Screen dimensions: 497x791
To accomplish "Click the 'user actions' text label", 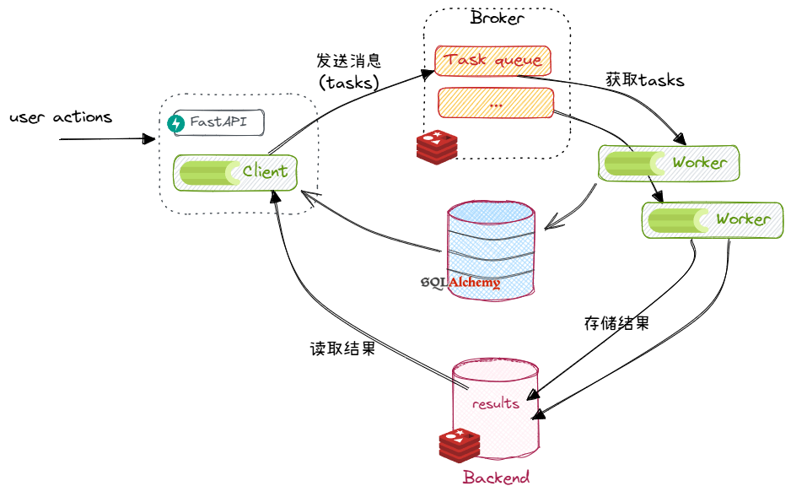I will click(60, 117).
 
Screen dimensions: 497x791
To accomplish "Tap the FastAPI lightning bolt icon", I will click(176, 123).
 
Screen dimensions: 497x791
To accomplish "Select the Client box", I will click(235, 172).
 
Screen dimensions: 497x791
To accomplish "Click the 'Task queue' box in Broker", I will click(493, 60).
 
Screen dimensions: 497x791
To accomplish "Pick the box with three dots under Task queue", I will click(495, 104).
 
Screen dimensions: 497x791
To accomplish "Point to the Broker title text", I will click(497, 19).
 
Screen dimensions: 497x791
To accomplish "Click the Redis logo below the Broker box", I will click(437, 146).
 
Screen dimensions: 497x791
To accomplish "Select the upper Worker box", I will click(669, 162).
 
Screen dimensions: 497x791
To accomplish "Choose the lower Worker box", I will click(711, 219).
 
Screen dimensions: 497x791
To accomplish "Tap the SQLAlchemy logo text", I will click(460, 283).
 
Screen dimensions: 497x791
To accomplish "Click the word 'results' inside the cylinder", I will click(495, 403).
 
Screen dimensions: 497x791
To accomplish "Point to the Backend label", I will click(496, 478).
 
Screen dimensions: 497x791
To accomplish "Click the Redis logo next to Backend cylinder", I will click(460, 445).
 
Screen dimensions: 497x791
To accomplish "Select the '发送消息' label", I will click(349, 62).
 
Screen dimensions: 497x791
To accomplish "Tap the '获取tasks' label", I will click(644, 81).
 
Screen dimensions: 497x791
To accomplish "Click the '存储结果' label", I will click(616, 323).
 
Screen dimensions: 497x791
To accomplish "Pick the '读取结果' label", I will click(342, 348).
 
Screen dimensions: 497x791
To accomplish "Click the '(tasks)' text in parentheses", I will click(348, 83).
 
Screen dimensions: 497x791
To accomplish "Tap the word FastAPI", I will click(218, 122).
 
